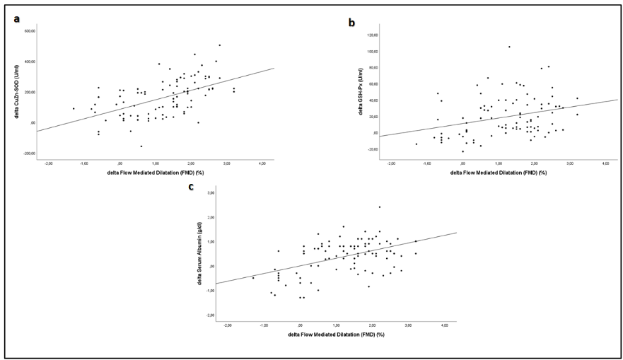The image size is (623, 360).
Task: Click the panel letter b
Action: coord(351,23)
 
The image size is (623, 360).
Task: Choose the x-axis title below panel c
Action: coord(336,334)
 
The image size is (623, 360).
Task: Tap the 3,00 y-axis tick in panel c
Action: coord(209,192)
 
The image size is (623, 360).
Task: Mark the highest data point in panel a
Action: coord(220,45)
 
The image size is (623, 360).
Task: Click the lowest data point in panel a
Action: coord(141,146)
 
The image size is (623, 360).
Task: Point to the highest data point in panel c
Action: coord(380,207)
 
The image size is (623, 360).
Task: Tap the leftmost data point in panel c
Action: coord(253,278)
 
